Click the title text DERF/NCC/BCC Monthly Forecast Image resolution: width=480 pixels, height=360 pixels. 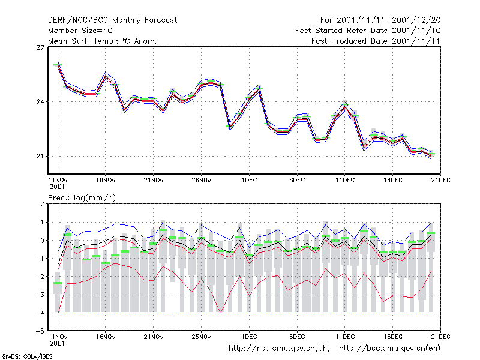[112, 20]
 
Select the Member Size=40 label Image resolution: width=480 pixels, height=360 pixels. [80, 31]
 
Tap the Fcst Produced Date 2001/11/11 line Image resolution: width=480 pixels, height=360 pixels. [376, 41]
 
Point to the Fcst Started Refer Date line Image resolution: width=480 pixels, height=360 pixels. [368, 31]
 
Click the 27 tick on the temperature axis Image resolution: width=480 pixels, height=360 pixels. [40, 47]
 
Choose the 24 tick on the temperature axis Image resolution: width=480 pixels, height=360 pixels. [40, 101]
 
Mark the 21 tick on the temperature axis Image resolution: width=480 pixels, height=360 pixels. [40, 156]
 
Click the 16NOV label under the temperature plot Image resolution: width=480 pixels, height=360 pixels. [106, 180]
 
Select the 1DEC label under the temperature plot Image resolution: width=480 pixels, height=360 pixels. [249, 180]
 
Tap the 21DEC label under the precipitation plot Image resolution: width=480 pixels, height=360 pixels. [440, 337]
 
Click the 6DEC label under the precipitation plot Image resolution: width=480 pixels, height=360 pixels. [297, 337]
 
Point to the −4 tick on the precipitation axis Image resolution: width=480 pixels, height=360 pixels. [40, 313]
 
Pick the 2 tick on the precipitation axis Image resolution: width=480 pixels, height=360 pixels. [42, 204]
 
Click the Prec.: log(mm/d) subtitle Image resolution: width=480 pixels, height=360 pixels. [82, 198]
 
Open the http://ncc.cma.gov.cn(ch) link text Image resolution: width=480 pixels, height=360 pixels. [279, 349]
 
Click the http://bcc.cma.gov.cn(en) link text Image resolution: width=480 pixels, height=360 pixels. [389, 349]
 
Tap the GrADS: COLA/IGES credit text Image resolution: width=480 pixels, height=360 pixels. [27, 356]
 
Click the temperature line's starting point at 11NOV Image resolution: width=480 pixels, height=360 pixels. [58, 65]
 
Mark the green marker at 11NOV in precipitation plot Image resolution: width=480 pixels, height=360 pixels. [58, 283]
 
